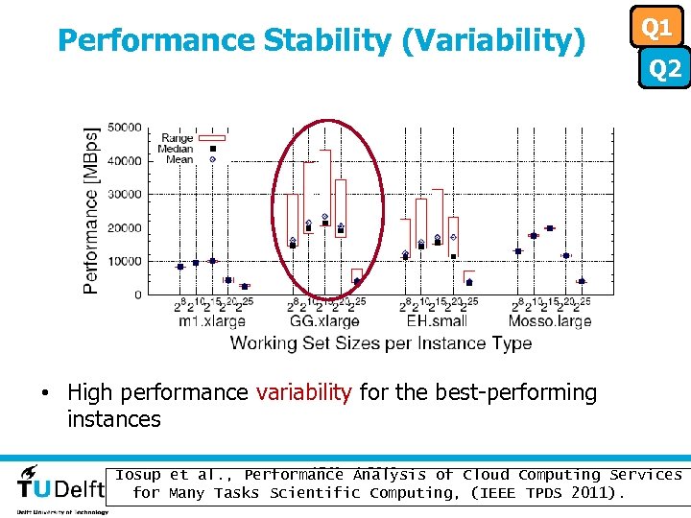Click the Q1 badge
tap(656, 28)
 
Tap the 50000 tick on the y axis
tap(124, 128)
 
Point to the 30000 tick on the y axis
tap(124, 195)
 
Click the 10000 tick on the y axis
tap(124, 262)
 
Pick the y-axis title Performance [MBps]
tap(91, 210)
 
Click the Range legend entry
tap(178, 138)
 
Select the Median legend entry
tap(179, 149)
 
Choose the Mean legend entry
tap(179, 159)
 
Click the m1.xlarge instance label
tap(212, 321)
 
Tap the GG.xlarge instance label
tap(325, 321)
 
